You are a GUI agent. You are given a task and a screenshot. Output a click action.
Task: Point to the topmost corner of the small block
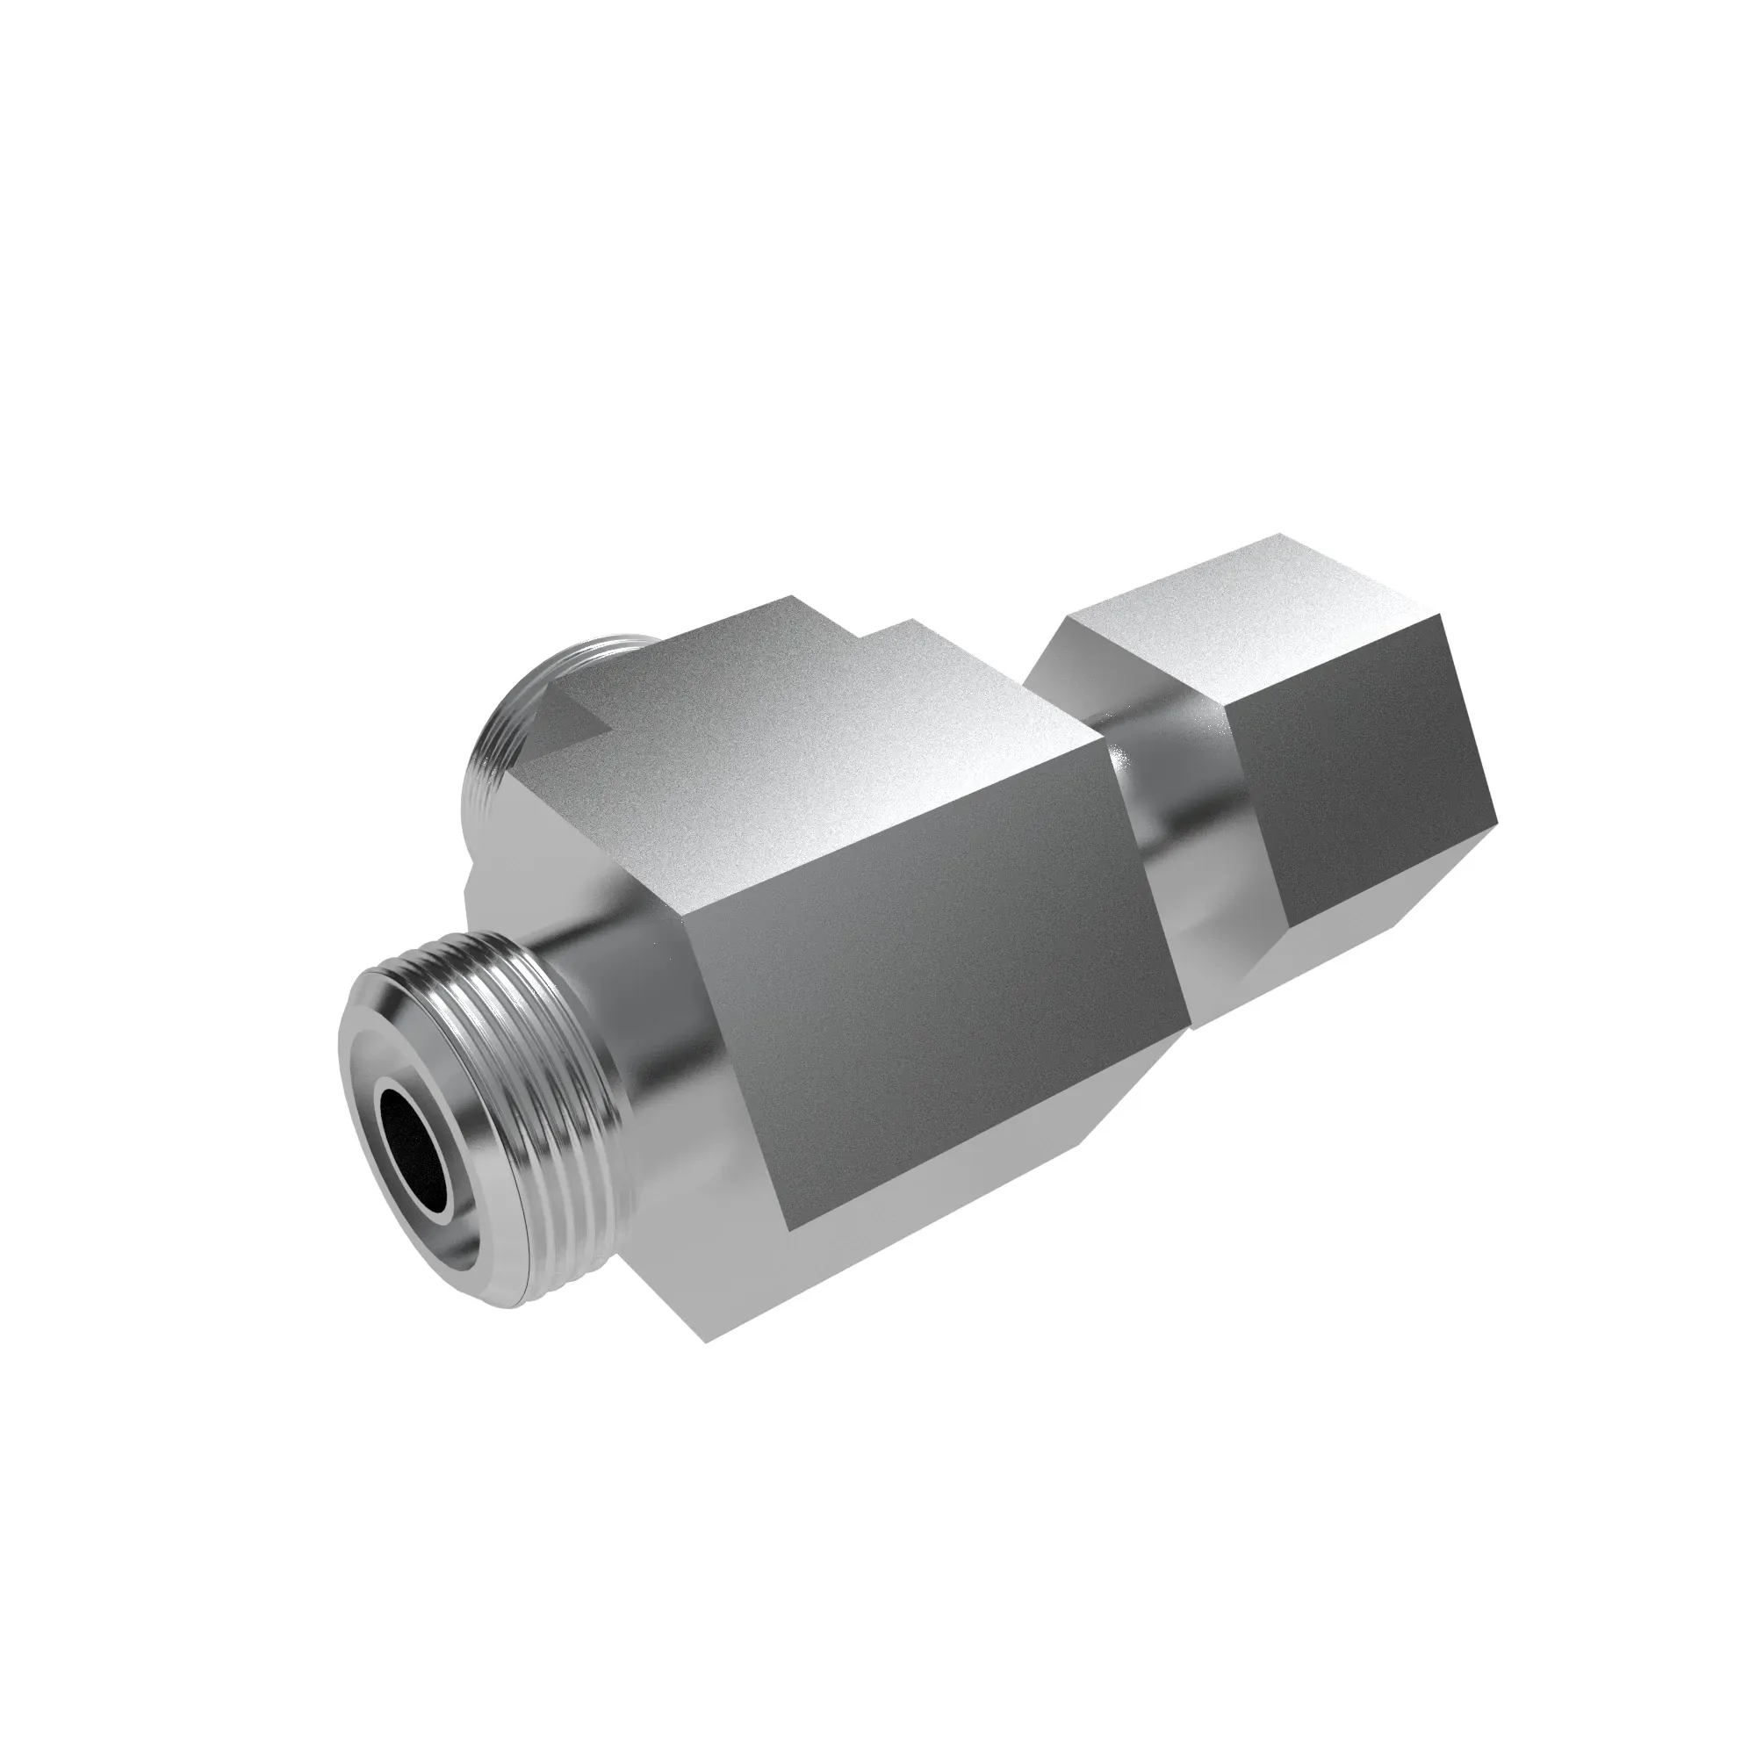tap(1282, 535)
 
